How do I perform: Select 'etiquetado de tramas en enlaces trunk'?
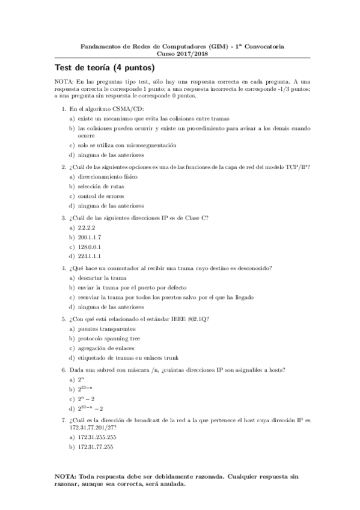pyautogui.click(x=128, y=357)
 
